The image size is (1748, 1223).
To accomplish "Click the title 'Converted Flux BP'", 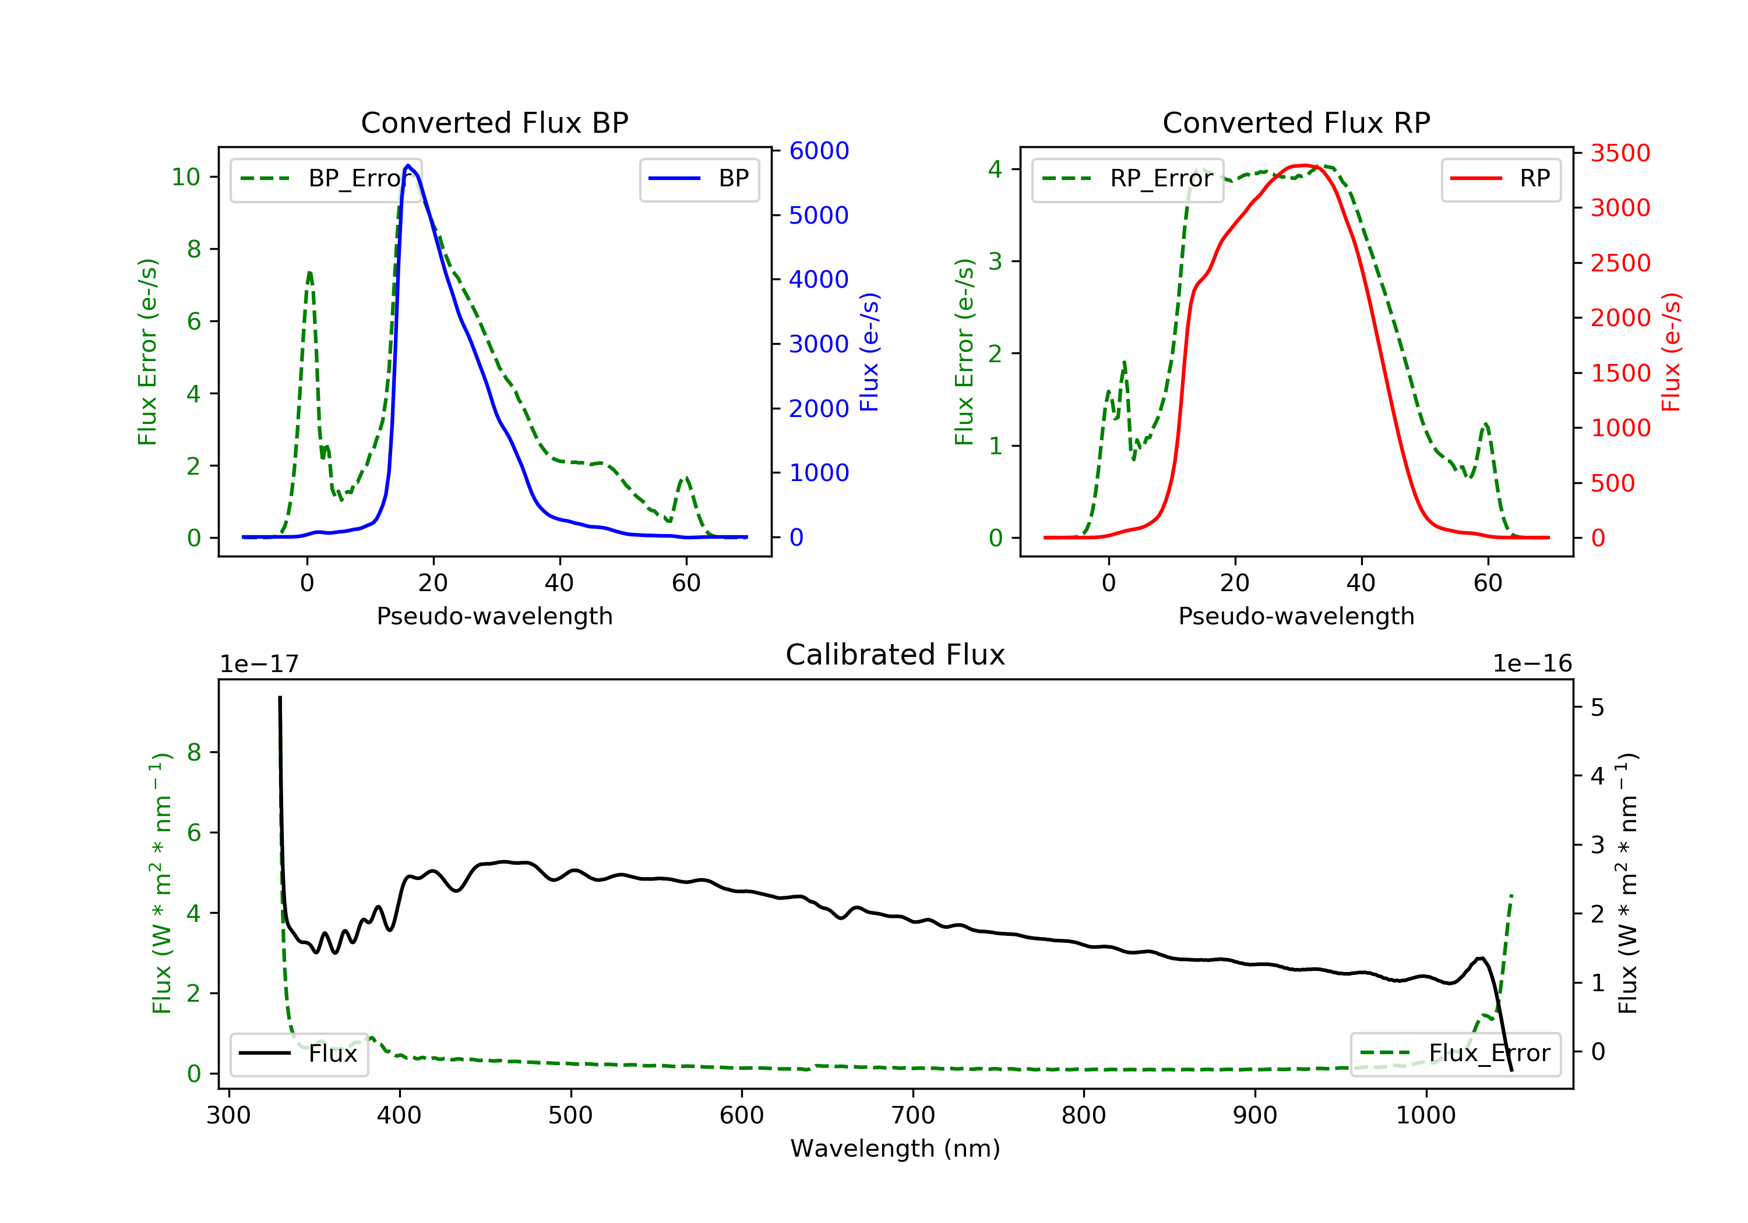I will pos(494,122).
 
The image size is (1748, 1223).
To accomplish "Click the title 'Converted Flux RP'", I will pos(1296,122).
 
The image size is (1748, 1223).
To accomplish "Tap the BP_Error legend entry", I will pos(326,179).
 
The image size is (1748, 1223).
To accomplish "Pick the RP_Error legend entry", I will pos(1127,179).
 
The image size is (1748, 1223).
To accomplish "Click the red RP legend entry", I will pos(1500,179).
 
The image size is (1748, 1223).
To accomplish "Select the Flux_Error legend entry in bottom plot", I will pos(1455,1054).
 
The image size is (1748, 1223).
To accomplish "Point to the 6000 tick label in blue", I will pos(819,151).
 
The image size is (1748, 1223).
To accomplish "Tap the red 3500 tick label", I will pos(1620,153).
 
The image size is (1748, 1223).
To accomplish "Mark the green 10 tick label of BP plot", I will pos(185,177).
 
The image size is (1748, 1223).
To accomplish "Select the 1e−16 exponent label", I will pos(1532,664).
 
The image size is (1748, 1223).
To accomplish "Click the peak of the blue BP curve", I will pos(408,165).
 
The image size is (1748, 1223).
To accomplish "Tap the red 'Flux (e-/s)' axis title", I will pos(1671,352).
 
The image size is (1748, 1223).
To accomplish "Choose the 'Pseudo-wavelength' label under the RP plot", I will pos(1296,616).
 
